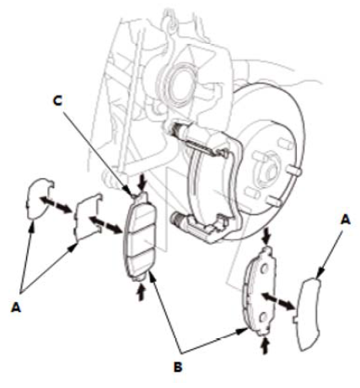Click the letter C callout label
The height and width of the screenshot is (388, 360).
point(57,100)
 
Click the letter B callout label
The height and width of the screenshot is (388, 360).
point(178,367)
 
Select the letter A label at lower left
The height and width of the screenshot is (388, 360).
point(16,307)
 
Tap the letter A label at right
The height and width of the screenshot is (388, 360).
point(346,219)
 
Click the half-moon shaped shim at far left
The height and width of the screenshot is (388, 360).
point(39,198)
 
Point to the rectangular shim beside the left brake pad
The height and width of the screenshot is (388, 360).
point(88,218)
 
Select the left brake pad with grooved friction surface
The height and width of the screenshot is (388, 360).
point(140,236)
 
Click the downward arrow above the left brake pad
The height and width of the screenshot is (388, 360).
point(142,182)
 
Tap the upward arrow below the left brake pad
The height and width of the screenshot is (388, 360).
point(141,293)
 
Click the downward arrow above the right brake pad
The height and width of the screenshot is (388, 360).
point(266,236)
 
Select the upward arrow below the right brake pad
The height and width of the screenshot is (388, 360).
point(264,346)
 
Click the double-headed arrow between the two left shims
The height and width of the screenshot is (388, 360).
point(56,205)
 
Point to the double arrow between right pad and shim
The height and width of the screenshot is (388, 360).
point(278,301)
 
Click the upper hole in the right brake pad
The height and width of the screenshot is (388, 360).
point(264,268)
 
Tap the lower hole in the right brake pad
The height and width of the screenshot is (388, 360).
point(263,317)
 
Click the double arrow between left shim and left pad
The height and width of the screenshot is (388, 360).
point(105,224)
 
